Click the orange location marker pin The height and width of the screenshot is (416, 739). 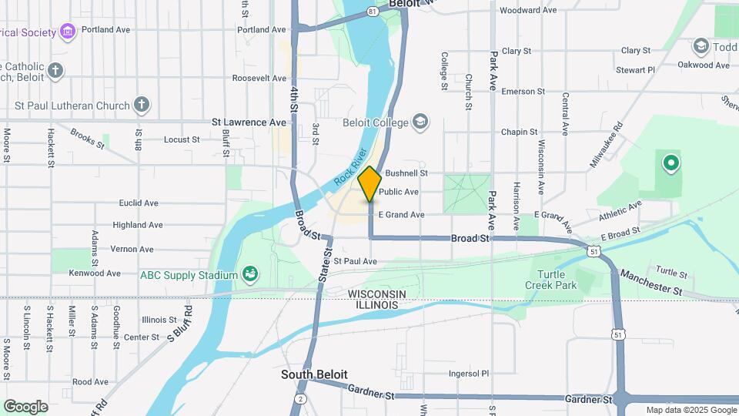point(369,183)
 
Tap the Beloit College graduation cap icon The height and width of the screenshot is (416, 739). point(420,122)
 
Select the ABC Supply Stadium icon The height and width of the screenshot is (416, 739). point(249,274)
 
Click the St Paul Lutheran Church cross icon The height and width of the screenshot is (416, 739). point(141,105)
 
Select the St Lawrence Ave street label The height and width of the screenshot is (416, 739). point(249,122)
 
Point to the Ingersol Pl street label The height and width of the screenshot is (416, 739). point(470,374)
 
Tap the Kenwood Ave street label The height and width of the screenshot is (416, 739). point(95,273)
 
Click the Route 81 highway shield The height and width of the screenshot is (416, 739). point(373,12)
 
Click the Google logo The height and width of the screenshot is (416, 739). point(25,407)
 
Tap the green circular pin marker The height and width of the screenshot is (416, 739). point(670,163)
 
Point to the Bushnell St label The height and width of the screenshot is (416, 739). point(406,173)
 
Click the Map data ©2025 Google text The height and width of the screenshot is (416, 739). point(691,410)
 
